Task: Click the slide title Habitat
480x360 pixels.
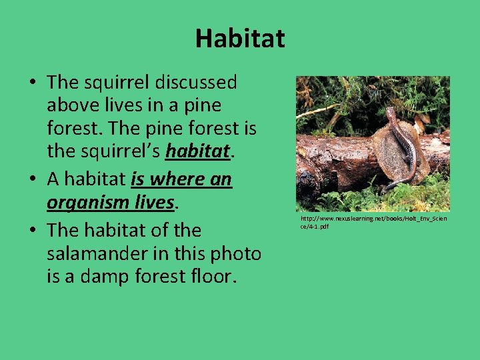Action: point(239,39)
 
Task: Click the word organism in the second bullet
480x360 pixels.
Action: point(89,201)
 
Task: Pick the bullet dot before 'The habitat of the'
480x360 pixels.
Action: point(32,231)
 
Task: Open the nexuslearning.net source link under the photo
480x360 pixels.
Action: point(373,223)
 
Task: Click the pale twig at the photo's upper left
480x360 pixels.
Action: point(317,111)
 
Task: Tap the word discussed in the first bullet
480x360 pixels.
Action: point(196,83)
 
